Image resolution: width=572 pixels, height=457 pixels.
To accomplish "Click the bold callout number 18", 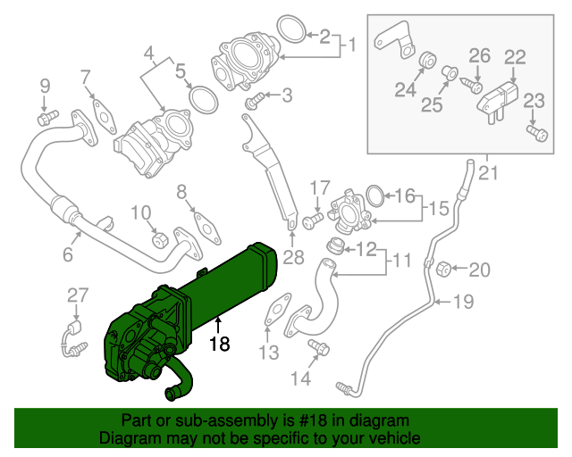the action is click(x=220, y=344).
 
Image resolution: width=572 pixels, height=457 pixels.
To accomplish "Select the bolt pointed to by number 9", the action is click(x=47, y=117).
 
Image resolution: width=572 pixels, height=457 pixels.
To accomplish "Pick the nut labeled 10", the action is click(x=160, y=240).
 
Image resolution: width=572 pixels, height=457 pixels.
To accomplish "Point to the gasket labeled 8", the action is click(x=207, y=228).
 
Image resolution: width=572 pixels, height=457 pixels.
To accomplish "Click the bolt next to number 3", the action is click(x=255, y=101).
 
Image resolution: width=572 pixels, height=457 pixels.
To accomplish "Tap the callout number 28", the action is click(x=293, y=257).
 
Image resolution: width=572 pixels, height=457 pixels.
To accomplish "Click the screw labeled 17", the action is click(x=313, y=220).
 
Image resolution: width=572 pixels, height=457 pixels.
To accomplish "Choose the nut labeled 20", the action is click(x=443, y=270).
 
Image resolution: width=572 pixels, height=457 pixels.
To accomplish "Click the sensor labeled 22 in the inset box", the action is click(x=499, y=100).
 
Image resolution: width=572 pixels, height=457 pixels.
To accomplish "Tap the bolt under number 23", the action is click(x=536, y=133).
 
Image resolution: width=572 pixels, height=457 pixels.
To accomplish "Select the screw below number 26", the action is click(x=472, y=85).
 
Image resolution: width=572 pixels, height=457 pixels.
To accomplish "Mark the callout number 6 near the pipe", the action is click(x=68, y=254).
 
